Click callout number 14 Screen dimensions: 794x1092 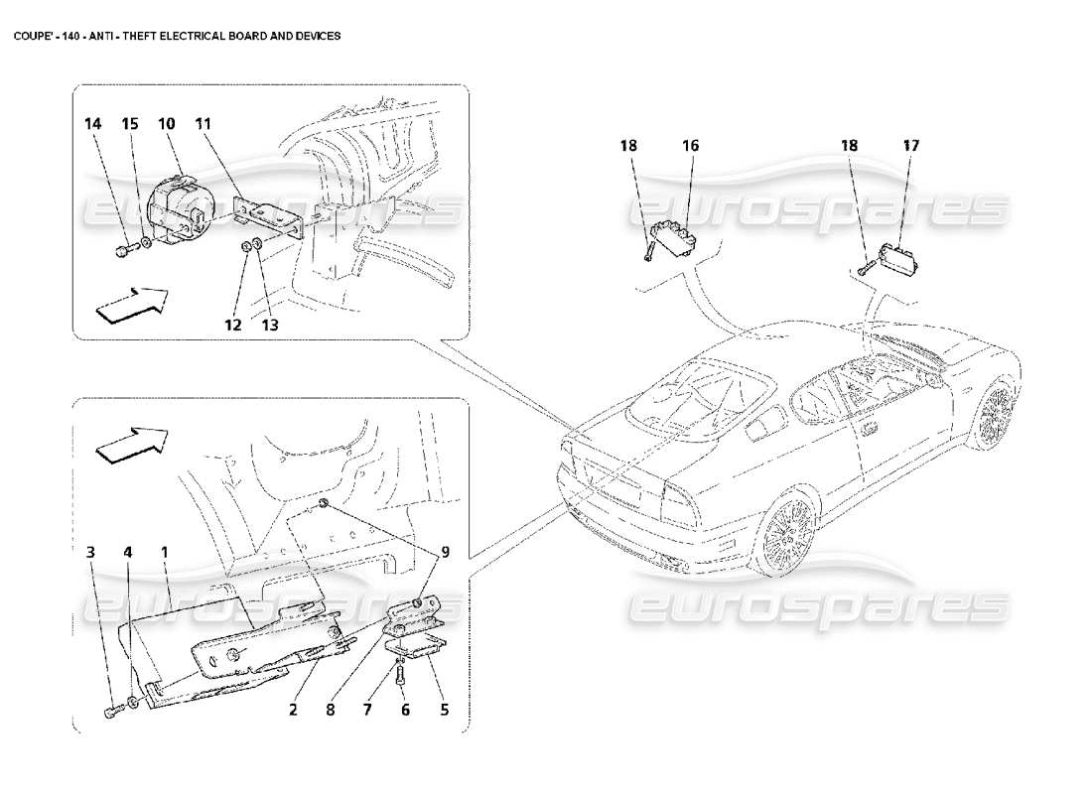pyautogui.click(x=92, y=124)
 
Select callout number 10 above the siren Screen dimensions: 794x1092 pyautogui.click(x=166, y=124)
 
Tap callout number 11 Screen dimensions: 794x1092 pyautogui.click(x=204, y=124)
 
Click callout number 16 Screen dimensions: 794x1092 pyautogui.click(x=690, y=146)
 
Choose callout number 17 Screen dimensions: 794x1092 pyautogui.click(x=911, y=146)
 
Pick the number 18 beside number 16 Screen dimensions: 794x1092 pyautogui.click(x=629, y=146)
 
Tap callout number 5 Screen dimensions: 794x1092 pyautogui.click(x=444, y=711)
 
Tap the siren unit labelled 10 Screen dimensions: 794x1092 pyautogui.click(x=176, y=209)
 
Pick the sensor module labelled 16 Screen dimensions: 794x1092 pyautogui.click(x=673, y=236)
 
